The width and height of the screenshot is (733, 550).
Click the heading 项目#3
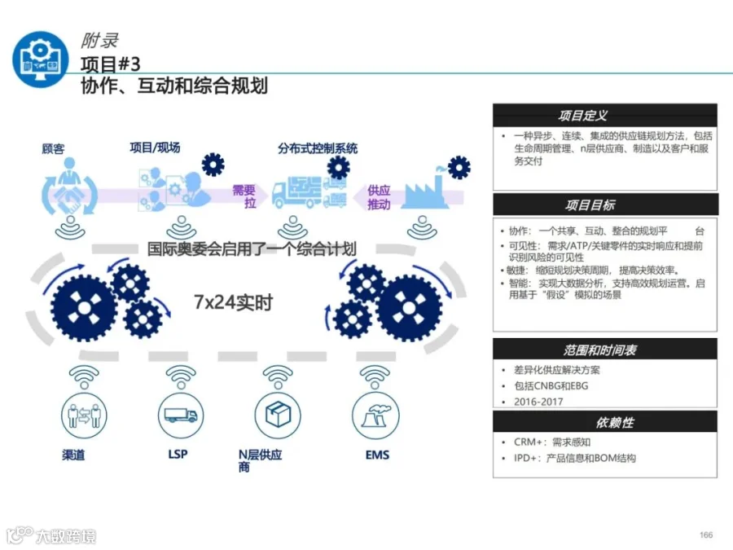click(x=110, y=64)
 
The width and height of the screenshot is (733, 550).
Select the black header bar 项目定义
click(x=604, y=116)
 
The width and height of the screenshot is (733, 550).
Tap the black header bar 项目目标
click(x=604, y=205)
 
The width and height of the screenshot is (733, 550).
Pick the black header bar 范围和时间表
click(x=604, y=350)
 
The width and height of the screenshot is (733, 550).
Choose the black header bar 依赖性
click(x=604, y=422)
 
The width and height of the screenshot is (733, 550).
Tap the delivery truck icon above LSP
click(x=180, y=415)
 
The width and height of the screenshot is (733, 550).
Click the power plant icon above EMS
click(x=375, y=415)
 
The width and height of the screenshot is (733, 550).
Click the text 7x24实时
click(x=233, y=302)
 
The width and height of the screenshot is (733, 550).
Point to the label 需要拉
click(x=244, y=196)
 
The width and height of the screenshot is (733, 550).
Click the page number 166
click(x=705, y=535)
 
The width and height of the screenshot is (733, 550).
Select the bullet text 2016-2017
click(x=538, y=402)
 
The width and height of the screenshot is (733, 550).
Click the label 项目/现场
click(x=155, y=147)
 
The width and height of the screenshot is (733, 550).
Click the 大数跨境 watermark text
click(x=65, y=536)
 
